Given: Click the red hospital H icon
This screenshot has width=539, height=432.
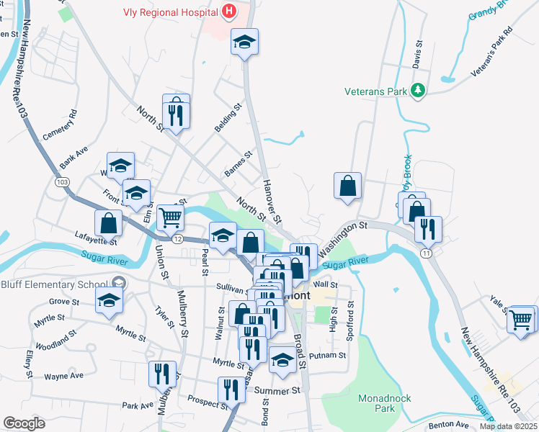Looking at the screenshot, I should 228,11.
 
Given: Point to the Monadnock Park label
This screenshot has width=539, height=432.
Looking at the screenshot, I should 377,402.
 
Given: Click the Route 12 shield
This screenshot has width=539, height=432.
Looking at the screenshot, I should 177,238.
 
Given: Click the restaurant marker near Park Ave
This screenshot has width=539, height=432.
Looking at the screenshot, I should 162,373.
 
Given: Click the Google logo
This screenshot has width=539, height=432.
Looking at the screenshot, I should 24,423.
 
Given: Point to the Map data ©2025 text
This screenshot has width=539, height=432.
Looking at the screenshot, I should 508,426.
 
